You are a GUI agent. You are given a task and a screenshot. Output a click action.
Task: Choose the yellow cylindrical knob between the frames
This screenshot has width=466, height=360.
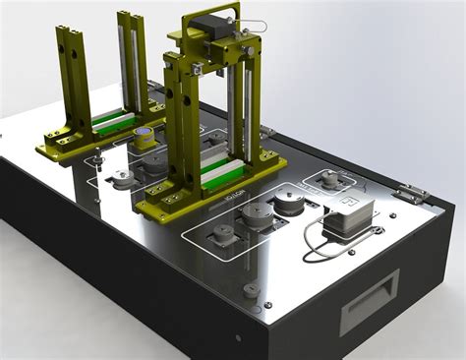[145, 138]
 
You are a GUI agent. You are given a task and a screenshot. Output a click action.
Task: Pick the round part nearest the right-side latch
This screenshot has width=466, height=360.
[329, 181]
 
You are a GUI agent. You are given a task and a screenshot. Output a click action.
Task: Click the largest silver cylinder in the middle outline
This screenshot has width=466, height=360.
[288, 202]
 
